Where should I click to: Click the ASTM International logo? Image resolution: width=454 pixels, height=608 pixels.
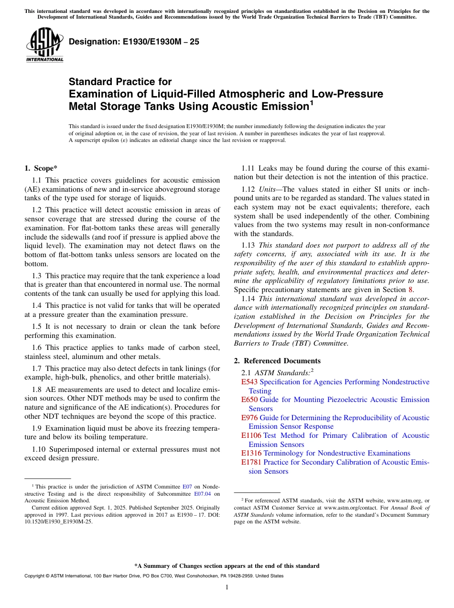pyautogui.click(x=44, y=45)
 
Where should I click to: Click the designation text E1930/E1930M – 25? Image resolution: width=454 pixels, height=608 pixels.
pyautogui.click(x=134, y=42)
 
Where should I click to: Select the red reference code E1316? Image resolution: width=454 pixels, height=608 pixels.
pyautogui.click(x=251, y=453)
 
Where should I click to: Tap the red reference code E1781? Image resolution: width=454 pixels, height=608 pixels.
pyautogui.click(x=251, y=462)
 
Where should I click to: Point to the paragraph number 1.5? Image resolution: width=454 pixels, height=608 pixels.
pyautogui.click(x=37, y=326)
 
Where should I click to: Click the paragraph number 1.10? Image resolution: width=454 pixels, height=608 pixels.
pyautogui.click(x=39, y=449)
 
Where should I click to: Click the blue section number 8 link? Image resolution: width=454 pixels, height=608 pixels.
pyautogui.click(x=410, y=289)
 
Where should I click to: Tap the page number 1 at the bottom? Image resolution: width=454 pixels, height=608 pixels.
pyautogui.click(x=227, y=587)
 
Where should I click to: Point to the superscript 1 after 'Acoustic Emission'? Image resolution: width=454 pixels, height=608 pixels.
pyautogui.click(x=311, y=102)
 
